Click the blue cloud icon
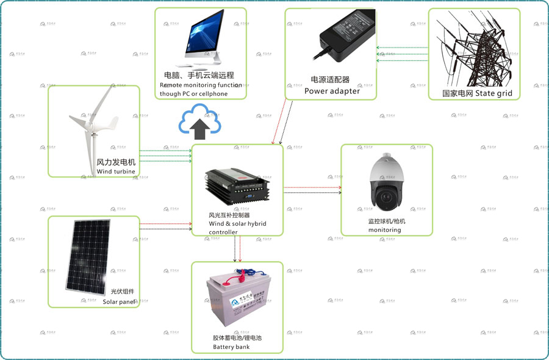(198, 120)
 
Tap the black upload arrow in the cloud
(199, 128)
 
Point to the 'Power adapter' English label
(332, 91)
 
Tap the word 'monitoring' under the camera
(384, 230)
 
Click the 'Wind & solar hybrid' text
(237, 224)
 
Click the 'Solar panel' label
(118, 301)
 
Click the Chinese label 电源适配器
(330, 80)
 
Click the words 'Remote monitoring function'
(201, 85)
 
